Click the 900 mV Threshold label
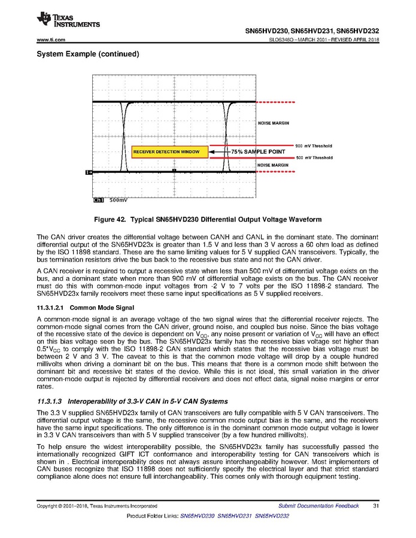click(314, 146)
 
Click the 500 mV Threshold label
click(314, 157)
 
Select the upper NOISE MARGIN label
click(273, 123)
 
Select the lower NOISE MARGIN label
click(273, 165)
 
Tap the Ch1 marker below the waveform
click(99, 200)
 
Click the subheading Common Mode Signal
click(102, 308)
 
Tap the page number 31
click(375, 506)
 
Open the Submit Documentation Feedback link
click(318, 506)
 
